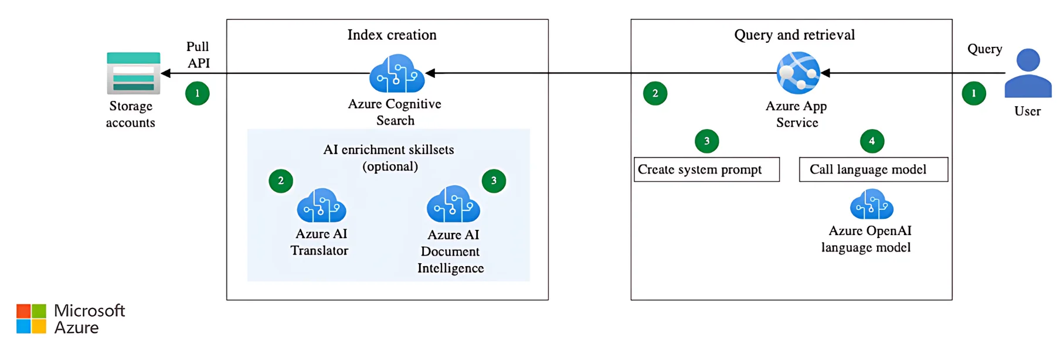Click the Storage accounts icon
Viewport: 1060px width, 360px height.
133,73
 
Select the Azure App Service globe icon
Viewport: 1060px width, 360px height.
797,73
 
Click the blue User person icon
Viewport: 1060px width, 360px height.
1028,74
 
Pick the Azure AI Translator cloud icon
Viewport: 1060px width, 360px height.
321,205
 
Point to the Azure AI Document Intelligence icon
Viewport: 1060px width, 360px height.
453,205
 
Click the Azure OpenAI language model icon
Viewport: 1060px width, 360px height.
871,204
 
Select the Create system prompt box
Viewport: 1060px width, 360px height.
706,169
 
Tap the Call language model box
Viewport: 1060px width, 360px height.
873,169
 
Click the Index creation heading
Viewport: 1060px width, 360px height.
392,35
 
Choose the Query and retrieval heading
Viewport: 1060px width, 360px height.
794,35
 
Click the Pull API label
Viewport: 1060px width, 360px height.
198,55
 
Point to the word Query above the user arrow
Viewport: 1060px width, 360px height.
984,49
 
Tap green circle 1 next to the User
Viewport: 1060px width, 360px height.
974,93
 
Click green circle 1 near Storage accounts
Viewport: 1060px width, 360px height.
198,93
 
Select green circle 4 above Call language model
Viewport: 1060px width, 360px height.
872,141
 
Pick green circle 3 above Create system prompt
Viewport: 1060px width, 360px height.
706,141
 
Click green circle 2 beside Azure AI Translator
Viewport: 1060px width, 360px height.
281,181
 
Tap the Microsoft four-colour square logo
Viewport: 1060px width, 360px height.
31,319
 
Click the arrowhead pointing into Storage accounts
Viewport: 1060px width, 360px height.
166,73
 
